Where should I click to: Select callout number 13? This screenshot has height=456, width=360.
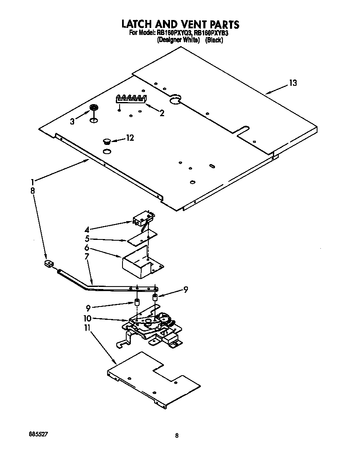tap(293, 83)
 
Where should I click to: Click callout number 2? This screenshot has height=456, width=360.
tap(162, 113)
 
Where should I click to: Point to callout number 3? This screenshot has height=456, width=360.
tap(72, 121)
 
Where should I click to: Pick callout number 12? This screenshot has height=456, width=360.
tap(130, 138)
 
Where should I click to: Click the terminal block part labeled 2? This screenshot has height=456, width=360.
tap(130, 99)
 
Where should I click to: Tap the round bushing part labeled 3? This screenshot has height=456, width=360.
tap(94, 108)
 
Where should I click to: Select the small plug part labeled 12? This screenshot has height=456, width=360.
tap(107, 142)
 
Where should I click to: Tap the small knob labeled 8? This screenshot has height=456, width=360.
tap(49, 264)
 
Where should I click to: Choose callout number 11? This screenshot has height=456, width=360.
tap(87, 329)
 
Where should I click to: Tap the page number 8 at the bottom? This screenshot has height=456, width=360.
tap(177, 436)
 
